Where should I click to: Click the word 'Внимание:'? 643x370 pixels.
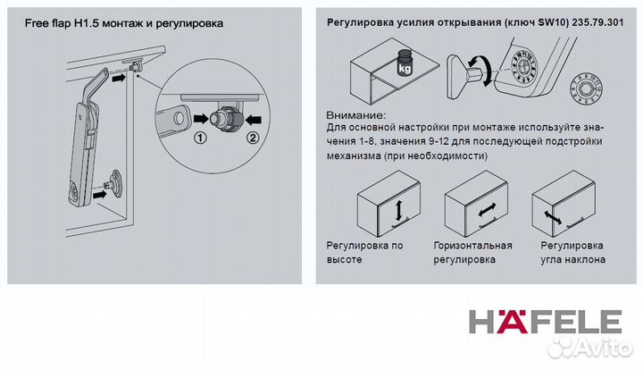pos(357,116)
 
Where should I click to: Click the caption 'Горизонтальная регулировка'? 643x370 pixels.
pos(472,252)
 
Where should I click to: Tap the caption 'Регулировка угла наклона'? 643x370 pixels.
pos(572,252)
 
